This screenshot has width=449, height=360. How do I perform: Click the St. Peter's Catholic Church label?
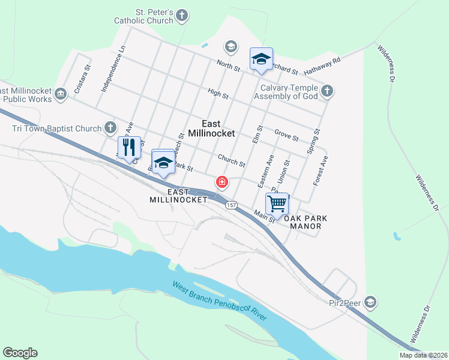(x=145, y=16)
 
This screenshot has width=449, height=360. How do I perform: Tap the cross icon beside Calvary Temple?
(x=327, y=91)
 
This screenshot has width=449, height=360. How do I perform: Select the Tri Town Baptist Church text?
(x=56, y=128)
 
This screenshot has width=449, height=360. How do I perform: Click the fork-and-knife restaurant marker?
(x=129, y=147)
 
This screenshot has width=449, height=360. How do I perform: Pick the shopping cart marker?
(x=277, y=203)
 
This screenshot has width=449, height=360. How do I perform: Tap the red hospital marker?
(x=221, y=182)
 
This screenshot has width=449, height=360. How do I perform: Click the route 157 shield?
(x=231, y=205)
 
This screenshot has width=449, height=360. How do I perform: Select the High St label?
(x=217, y=94)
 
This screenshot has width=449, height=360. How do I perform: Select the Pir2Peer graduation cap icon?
(x=370, y=301)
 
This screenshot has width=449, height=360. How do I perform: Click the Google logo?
(x=20, y=353)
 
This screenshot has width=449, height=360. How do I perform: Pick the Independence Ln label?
(x=113, y=68)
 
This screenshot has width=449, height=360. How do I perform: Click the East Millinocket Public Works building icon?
(x=60, y=94)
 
